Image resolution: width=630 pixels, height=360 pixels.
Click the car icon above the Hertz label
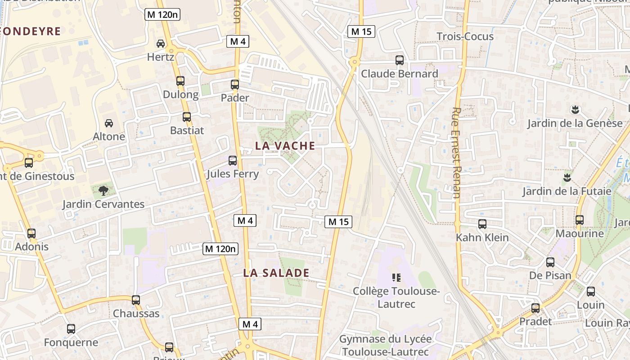click(x=161, y=44)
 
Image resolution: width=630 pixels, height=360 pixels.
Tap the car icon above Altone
click(x=109, y=123)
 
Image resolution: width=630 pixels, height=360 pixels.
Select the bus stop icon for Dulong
click(x=180, y=81)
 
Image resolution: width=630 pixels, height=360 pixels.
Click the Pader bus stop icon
click(x=235, y=84)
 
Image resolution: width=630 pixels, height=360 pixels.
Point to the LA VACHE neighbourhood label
click(x=285, y=146)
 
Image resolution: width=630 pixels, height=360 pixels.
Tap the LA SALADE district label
click(x=276, y=273)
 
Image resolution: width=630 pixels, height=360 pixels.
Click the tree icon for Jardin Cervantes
click(x=103, y=190)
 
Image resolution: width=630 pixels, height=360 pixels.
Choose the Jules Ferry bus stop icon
click(x=233, y=160)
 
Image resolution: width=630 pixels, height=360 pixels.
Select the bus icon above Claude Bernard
click(x=399, y=60)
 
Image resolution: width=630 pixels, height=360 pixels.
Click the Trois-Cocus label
click(x=465, y=36)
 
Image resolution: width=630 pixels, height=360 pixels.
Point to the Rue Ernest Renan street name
click(x=456, y=153)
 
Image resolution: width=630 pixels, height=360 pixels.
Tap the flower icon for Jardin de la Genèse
click(x=575, y=109)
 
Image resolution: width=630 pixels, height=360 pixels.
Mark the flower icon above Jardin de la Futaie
click(x=567, y=177)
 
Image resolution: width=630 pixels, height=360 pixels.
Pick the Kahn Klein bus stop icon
click(x=482, y=224)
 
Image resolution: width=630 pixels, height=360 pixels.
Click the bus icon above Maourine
click(x=580, y=220)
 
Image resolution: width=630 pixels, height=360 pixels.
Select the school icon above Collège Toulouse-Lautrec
click(x=396, y=278)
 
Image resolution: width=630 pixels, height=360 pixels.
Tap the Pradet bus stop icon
click(x=535, y=308)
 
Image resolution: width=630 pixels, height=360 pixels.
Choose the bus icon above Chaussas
click(x=136, y=300)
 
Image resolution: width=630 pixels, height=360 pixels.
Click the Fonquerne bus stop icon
click(x=71, y=329)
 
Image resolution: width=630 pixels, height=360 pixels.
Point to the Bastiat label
click(x=187, y=130)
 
